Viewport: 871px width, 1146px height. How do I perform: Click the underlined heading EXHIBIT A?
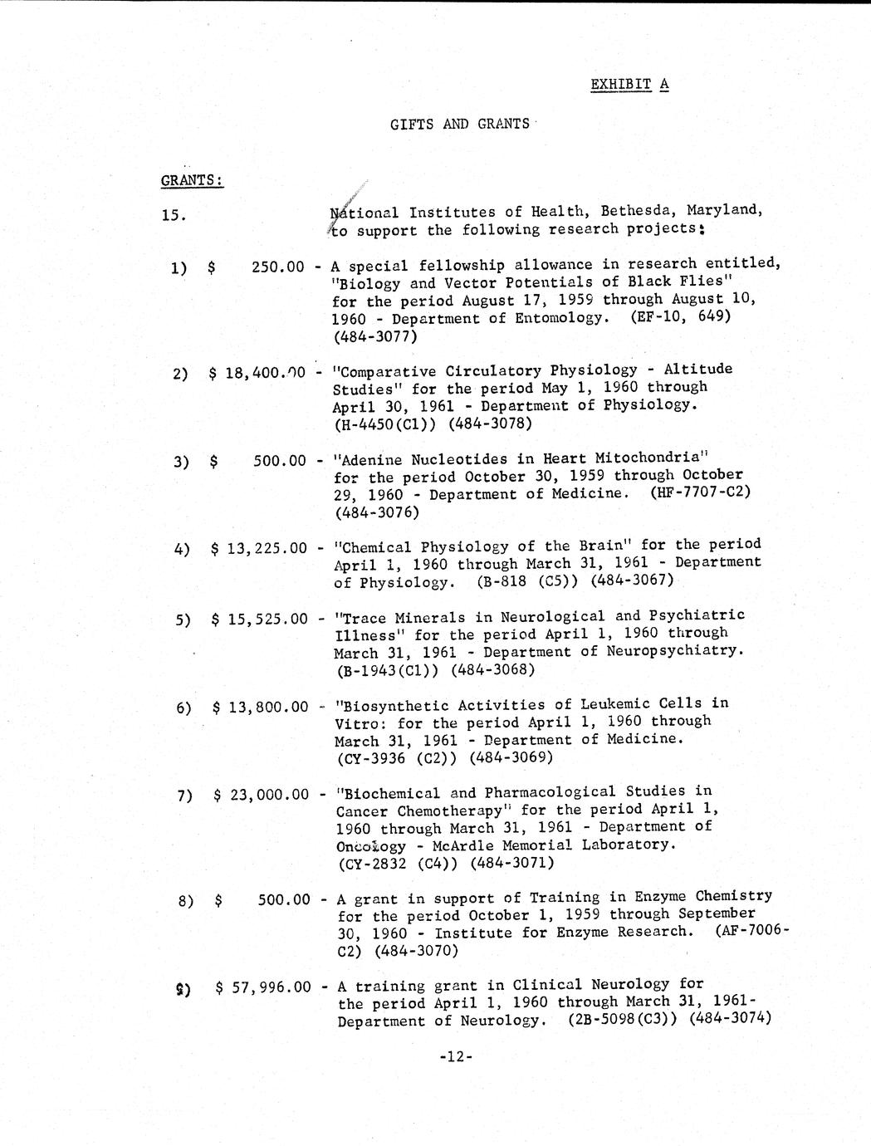tap(629, 85)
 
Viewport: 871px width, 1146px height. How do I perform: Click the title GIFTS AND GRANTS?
tap(459, 125)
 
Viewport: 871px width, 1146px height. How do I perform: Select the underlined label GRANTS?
tap(192, 180)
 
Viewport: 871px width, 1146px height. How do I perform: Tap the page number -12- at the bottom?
tap(456, 1057)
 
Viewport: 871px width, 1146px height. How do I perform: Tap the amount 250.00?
tap(277, 267)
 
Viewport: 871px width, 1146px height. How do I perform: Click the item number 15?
tap(174, 216)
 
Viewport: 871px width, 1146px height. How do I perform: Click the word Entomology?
tap(558, 318)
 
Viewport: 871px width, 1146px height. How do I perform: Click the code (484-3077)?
tap(374, 336)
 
